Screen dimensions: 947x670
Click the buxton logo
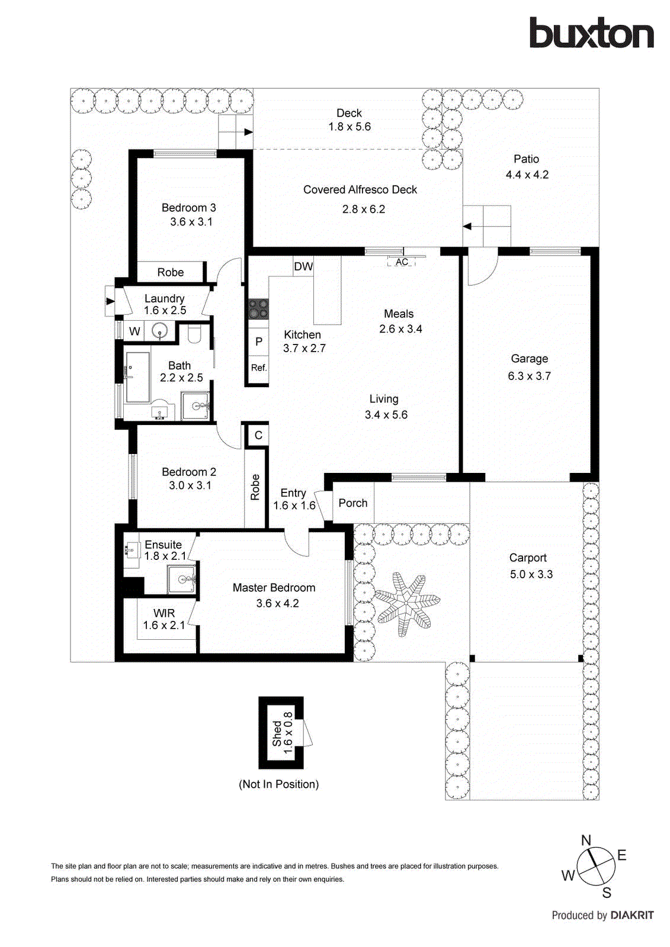591,33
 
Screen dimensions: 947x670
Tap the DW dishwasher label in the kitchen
303,266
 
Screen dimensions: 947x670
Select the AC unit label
402,262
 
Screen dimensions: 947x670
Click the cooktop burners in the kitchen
258,309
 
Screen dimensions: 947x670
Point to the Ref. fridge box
258,368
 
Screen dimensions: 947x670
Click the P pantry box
258,342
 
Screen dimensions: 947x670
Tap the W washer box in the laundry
134,331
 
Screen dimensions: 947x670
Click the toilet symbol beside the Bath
194,335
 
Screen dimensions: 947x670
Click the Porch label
353,503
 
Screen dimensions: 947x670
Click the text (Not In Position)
278,784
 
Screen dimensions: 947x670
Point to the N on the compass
586,840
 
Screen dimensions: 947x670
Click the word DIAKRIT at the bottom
631,915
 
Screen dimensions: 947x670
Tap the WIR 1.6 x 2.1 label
164,619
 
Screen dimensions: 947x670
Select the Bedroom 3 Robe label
170,272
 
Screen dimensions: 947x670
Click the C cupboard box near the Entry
258,436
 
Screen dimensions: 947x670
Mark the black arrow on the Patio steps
467,226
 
